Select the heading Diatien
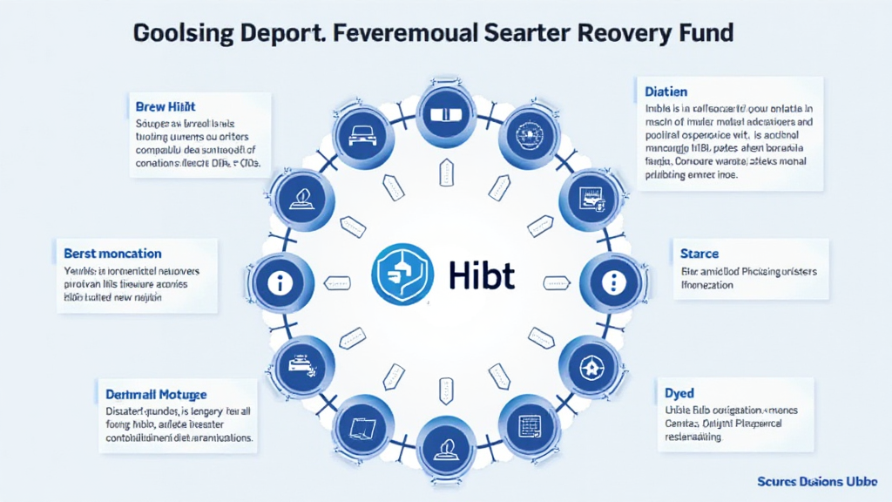pos(666,91)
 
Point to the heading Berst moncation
pos(112,253)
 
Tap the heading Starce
pos(699,254)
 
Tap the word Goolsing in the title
pos(182,34)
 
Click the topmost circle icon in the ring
pos(445,113)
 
